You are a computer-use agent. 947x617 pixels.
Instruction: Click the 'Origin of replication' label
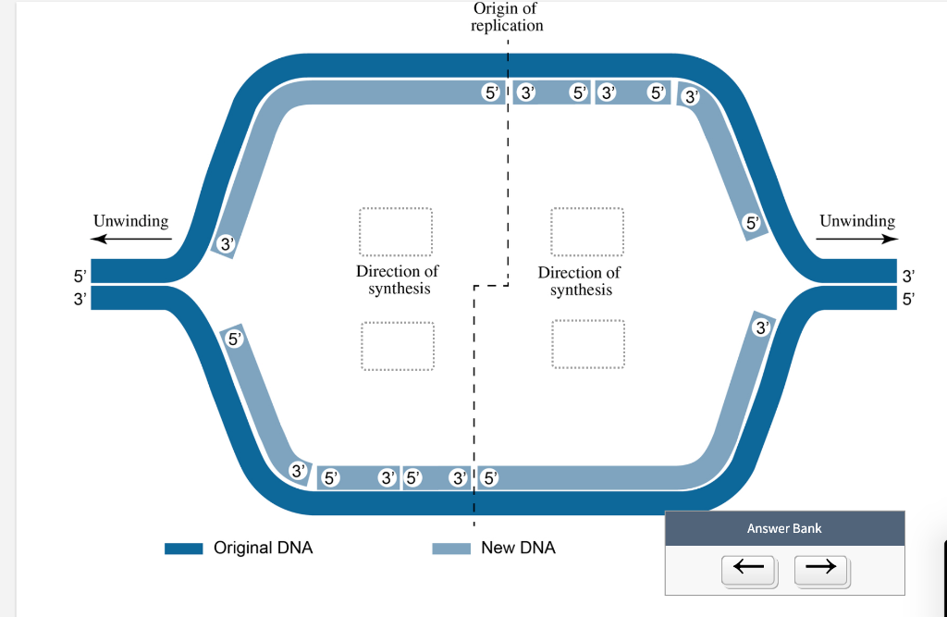coord(506,17)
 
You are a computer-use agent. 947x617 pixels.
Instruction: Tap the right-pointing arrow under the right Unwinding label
coord(856,239)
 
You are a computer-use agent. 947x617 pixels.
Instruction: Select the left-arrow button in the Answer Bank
coord(749,566)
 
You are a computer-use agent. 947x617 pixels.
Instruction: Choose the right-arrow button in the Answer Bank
coord(820,566)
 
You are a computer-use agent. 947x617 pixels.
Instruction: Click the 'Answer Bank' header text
coord(783,528)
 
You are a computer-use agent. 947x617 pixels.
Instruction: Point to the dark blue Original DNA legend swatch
coord(183,549)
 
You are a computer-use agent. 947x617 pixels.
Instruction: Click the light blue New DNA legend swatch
coord(451,549)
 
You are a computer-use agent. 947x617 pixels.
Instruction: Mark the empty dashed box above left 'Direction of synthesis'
coord(396,232)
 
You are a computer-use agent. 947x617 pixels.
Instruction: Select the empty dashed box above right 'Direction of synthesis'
coord(587,232)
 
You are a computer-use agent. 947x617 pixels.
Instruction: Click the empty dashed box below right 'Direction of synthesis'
coord(587,345)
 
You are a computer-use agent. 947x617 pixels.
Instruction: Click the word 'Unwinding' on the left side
coord(131,221)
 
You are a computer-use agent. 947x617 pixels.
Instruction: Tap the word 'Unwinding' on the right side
coord(856,221)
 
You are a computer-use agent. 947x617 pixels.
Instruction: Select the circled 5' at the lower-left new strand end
coord(234,339)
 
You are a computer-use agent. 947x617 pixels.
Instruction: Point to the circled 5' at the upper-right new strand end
coord(753,223)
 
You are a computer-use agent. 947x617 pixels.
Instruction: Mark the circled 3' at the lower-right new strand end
coord(761,327)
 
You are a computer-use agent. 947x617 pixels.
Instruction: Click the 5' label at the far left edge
coord(79,276)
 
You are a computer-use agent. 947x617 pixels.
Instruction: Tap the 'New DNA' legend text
coord(518,548)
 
